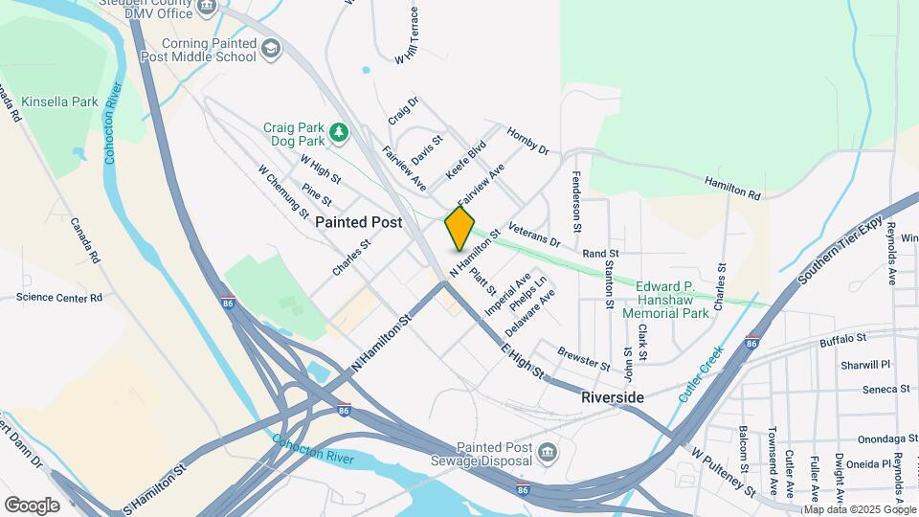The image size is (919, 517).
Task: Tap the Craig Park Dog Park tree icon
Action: tap(337, 132)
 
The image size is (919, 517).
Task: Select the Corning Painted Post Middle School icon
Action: tap(272, 48)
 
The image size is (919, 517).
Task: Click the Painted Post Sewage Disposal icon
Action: tap(547, 452)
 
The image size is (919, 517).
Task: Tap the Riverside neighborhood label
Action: tap(613, 396)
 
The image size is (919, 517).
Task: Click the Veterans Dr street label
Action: tap(534, 236)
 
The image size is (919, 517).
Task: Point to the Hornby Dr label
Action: tap(527, 142)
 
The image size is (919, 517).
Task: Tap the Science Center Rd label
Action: tap(58, 298)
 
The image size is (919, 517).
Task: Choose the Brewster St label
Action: tap(583, 359)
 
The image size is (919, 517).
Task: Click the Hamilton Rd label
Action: tap(732, 187)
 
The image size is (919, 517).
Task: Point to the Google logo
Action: tap(32, 505)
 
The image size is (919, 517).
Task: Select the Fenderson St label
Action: tap(576, 202)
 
